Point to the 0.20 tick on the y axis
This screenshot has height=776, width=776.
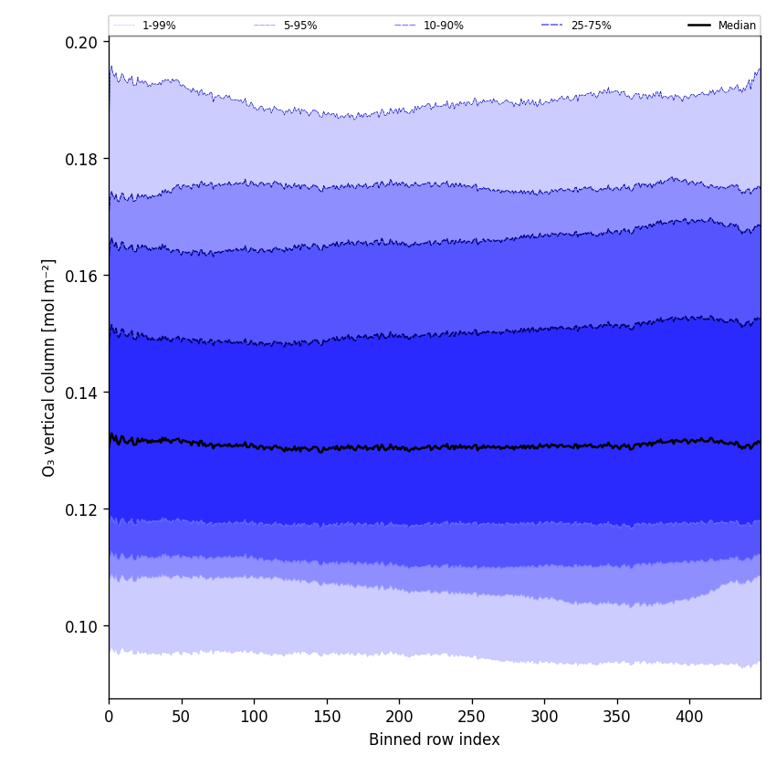click(83, 42)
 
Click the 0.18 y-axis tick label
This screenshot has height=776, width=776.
click(83, 159)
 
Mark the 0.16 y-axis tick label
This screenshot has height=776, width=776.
click(83, 276)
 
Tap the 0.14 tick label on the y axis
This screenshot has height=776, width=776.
click(83, 393)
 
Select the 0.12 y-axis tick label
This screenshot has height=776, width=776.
click(83, 509)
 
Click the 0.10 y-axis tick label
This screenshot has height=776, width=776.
click(83, 626)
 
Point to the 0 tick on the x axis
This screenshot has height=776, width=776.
click(109, 717)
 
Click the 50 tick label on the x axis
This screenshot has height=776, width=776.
click(182, 717)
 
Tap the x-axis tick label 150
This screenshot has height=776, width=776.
click(327, 717)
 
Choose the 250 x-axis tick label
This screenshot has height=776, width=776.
click(472, 717)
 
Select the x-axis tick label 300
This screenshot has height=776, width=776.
click(544, 717)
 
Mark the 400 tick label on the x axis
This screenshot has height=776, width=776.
click(689, 717)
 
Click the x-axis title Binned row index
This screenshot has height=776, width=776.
click(435, 739)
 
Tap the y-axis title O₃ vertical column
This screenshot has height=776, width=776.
click(49, 367)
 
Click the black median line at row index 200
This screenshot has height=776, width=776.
click(399, 447)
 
